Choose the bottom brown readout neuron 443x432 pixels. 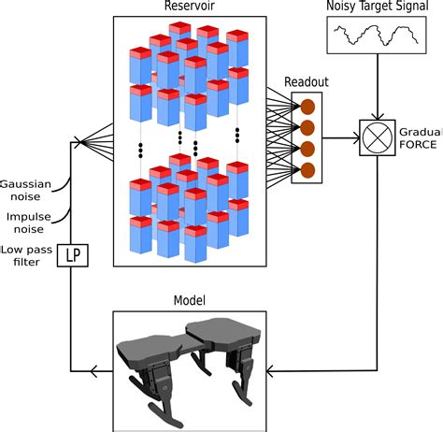tap(307, 168)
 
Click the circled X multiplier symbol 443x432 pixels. tap(376, 138)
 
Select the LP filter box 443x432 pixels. tap(72, 254)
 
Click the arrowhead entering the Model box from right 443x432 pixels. tap(272, 372)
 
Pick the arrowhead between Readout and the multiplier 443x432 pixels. tap(356, 138)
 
